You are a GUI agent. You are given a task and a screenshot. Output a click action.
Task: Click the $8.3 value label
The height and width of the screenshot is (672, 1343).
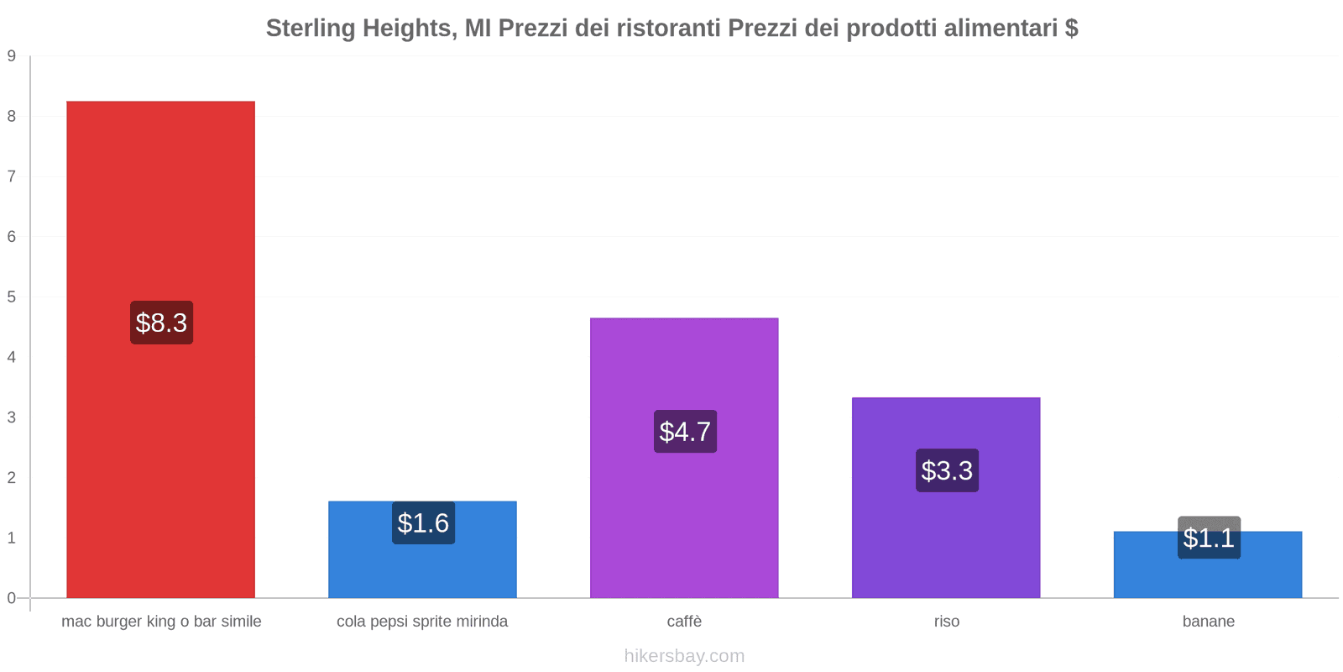(x=161, y=323)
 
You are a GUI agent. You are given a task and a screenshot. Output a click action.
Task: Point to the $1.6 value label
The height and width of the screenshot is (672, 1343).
(x=423, y=523)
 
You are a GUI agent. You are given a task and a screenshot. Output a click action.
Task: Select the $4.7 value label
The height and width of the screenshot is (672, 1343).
(x=685, y=432)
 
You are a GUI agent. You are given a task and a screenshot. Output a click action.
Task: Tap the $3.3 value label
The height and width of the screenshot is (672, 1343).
(x=947, y=470)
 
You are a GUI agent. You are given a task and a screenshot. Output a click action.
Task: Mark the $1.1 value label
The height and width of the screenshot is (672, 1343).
(x=1209, y=538)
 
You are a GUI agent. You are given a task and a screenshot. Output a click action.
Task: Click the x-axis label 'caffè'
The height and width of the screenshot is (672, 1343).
(x=684, y=622)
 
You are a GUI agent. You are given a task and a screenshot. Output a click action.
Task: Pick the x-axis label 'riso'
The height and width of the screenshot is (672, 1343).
(x=946, y=622)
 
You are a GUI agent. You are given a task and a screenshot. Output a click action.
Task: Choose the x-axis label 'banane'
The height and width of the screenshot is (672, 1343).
(x=1208, y=622)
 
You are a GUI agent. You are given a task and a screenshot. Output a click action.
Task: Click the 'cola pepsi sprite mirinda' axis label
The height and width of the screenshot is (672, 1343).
(x=422, y=622)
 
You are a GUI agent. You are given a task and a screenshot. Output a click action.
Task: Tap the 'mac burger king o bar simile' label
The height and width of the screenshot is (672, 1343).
(x=161, y=622)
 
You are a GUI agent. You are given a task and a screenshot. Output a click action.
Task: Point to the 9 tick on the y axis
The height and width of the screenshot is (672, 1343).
(x=12, y=56)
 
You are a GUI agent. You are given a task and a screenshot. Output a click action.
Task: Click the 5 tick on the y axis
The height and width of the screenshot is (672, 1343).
(x=12, y=297)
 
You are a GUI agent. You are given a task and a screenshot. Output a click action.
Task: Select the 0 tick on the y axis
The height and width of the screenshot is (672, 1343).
(x=12, y=598)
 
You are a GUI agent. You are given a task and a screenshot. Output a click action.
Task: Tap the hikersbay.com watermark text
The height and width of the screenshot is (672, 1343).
(x=684, y=656)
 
